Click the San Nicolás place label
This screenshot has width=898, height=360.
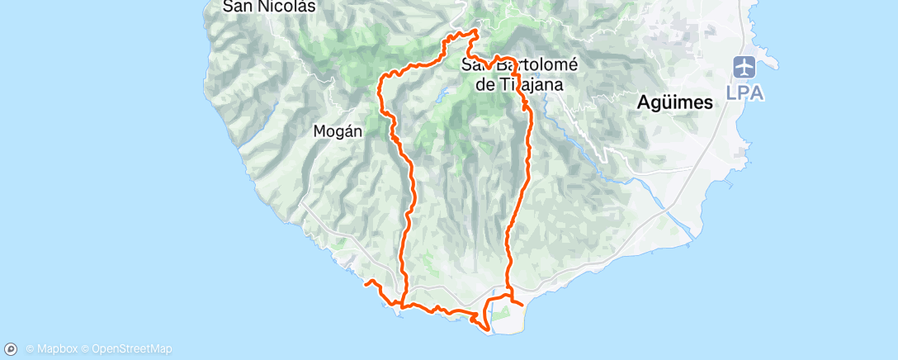pyautogui.click(x=258, y=6)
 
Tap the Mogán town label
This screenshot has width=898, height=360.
pyautogui.click(x=337, y=130)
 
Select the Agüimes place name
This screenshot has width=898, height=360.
pyautogui.click(x=675, y=103)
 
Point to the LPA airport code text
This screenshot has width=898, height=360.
pyautogui.click(x=744, y=92)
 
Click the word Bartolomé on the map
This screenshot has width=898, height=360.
pyautogui.click(x=538, y=66)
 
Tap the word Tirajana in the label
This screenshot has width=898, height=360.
pyautogui.click(x=540, y=84)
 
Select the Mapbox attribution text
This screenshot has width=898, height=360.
pyautogui.click(x=56, y=349)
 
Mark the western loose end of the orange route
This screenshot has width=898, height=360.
pyautogui.click(x=366, y=283)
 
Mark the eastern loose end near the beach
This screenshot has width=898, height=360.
pyautogui.click(x=523, y=304)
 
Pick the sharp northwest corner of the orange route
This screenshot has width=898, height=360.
pyautogui.click(x=380, y=77)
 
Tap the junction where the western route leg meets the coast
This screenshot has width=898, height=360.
pyautogui.click(x=404, y=304)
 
